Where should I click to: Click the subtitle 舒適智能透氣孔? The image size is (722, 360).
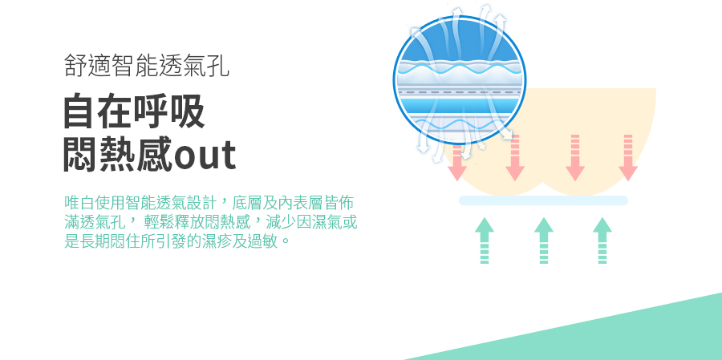point(147,66)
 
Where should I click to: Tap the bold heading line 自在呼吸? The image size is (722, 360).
point(134,111)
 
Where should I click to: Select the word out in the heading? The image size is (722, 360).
point(205,156)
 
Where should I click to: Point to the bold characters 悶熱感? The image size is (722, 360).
point(119,154)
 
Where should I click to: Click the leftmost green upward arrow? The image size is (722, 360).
point(485,241)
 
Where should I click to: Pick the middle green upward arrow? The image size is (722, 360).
point(544,241)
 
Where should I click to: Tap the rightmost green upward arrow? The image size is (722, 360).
point(602,241)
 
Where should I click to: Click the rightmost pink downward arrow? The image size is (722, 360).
point(628,157)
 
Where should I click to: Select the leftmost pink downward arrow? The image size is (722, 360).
point(457,162)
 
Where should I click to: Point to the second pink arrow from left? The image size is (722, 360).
point(515,157)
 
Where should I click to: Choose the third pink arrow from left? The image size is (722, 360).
point(575,157)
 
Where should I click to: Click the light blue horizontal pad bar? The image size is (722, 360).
point(543,200)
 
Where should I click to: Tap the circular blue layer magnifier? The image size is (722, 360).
point(460,80)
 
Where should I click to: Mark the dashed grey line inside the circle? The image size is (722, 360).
point(460,92)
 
